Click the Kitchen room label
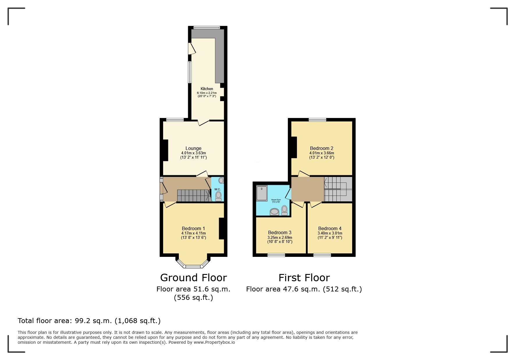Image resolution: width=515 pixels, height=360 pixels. (x=207, y=89)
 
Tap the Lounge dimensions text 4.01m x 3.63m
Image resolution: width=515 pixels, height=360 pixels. (x=193, y=153)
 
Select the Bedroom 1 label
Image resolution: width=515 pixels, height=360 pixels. (x=193, y=228)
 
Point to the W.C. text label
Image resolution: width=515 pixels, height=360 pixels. (x=218, y=189)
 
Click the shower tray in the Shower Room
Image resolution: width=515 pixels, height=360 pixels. (x=262, y=194)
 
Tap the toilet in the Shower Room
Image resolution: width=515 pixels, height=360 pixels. (x=284, y=210)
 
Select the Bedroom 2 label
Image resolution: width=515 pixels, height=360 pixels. (x=322, y=148)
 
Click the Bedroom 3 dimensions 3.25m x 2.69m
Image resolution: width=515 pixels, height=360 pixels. (x=280, y=237)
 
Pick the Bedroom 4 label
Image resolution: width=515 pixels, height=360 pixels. (x=330, y=228)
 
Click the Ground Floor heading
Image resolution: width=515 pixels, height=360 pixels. (x=193, y=278)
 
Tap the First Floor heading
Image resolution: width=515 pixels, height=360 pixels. (x=304, y=278)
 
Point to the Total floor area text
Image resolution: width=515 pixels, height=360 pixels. (x=89, y=321)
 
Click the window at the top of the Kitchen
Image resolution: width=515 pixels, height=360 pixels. (x=207, y=28)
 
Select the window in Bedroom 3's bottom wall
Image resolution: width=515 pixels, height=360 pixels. (x=276, y=255)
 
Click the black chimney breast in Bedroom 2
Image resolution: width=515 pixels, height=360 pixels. (x=294, y=147)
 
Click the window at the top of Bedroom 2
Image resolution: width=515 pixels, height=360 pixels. (x=318, y=119)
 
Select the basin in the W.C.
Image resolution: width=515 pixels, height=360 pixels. (x=221, y=180)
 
